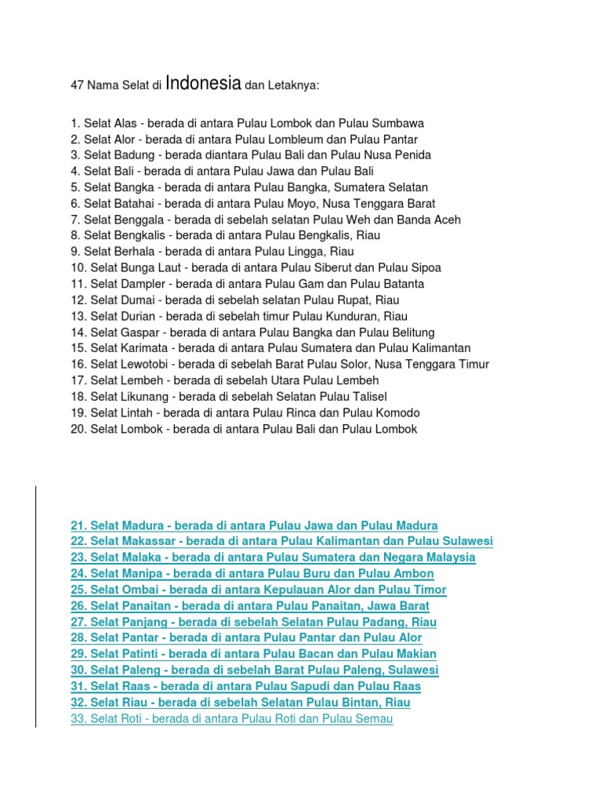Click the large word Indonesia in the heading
click(203, 82)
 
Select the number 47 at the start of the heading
click(77, 85)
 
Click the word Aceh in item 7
click(445, 220)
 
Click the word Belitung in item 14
click(409, 332)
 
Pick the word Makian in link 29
click(415, 654)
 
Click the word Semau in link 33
click(374, 718)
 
